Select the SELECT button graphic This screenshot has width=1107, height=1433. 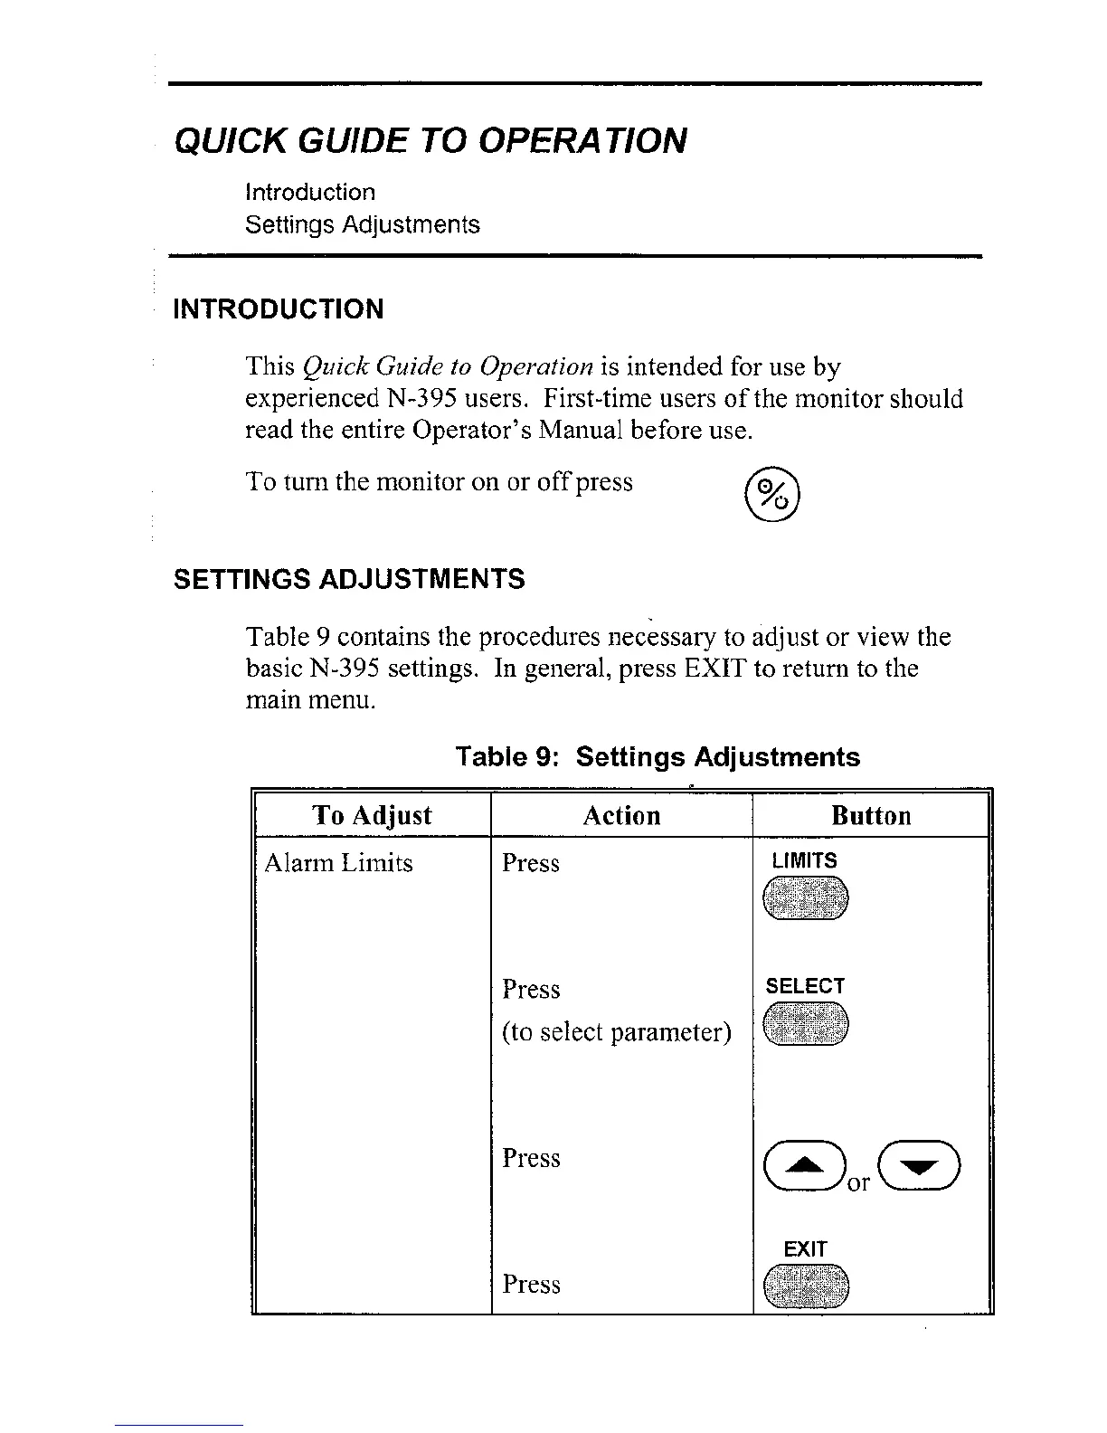806,1026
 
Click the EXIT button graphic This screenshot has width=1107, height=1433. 806,1287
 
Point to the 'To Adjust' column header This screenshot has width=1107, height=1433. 372,815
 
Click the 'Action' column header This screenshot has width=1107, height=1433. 621,815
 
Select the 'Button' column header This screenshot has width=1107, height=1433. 871,815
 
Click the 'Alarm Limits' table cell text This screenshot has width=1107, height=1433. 338,863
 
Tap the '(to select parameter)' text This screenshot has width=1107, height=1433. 617,1032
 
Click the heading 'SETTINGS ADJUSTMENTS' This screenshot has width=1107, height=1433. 349,579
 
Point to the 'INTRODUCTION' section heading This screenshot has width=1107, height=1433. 279,309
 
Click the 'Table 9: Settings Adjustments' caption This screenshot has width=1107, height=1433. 658,756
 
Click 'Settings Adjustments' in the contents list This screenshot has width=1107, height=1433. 363,224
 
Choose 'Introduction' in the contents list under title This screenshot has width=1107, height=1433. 310,192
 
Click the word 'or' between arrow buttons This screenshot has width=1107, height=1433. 858,1182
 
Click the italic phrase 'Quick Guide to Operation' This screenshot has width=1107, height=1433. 448,366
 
